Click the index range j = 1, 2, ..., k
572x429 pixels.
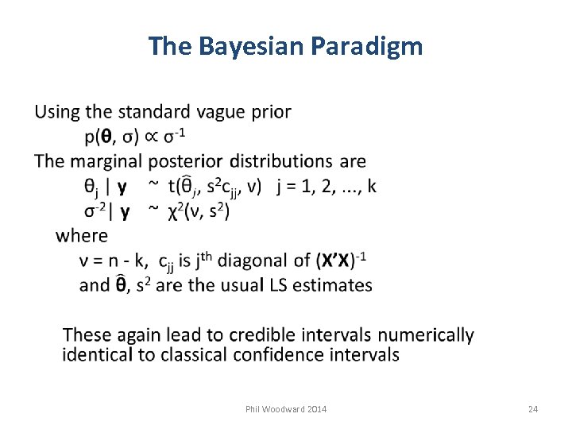coord(327,187)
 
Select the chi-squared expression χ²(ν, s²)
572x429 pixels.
coord(199,211)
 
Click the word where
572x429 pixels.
coord(81,236)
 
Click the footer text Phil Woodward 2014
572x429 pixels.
coord(285,409)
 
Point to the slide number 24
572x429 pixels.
coord(533,409)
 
